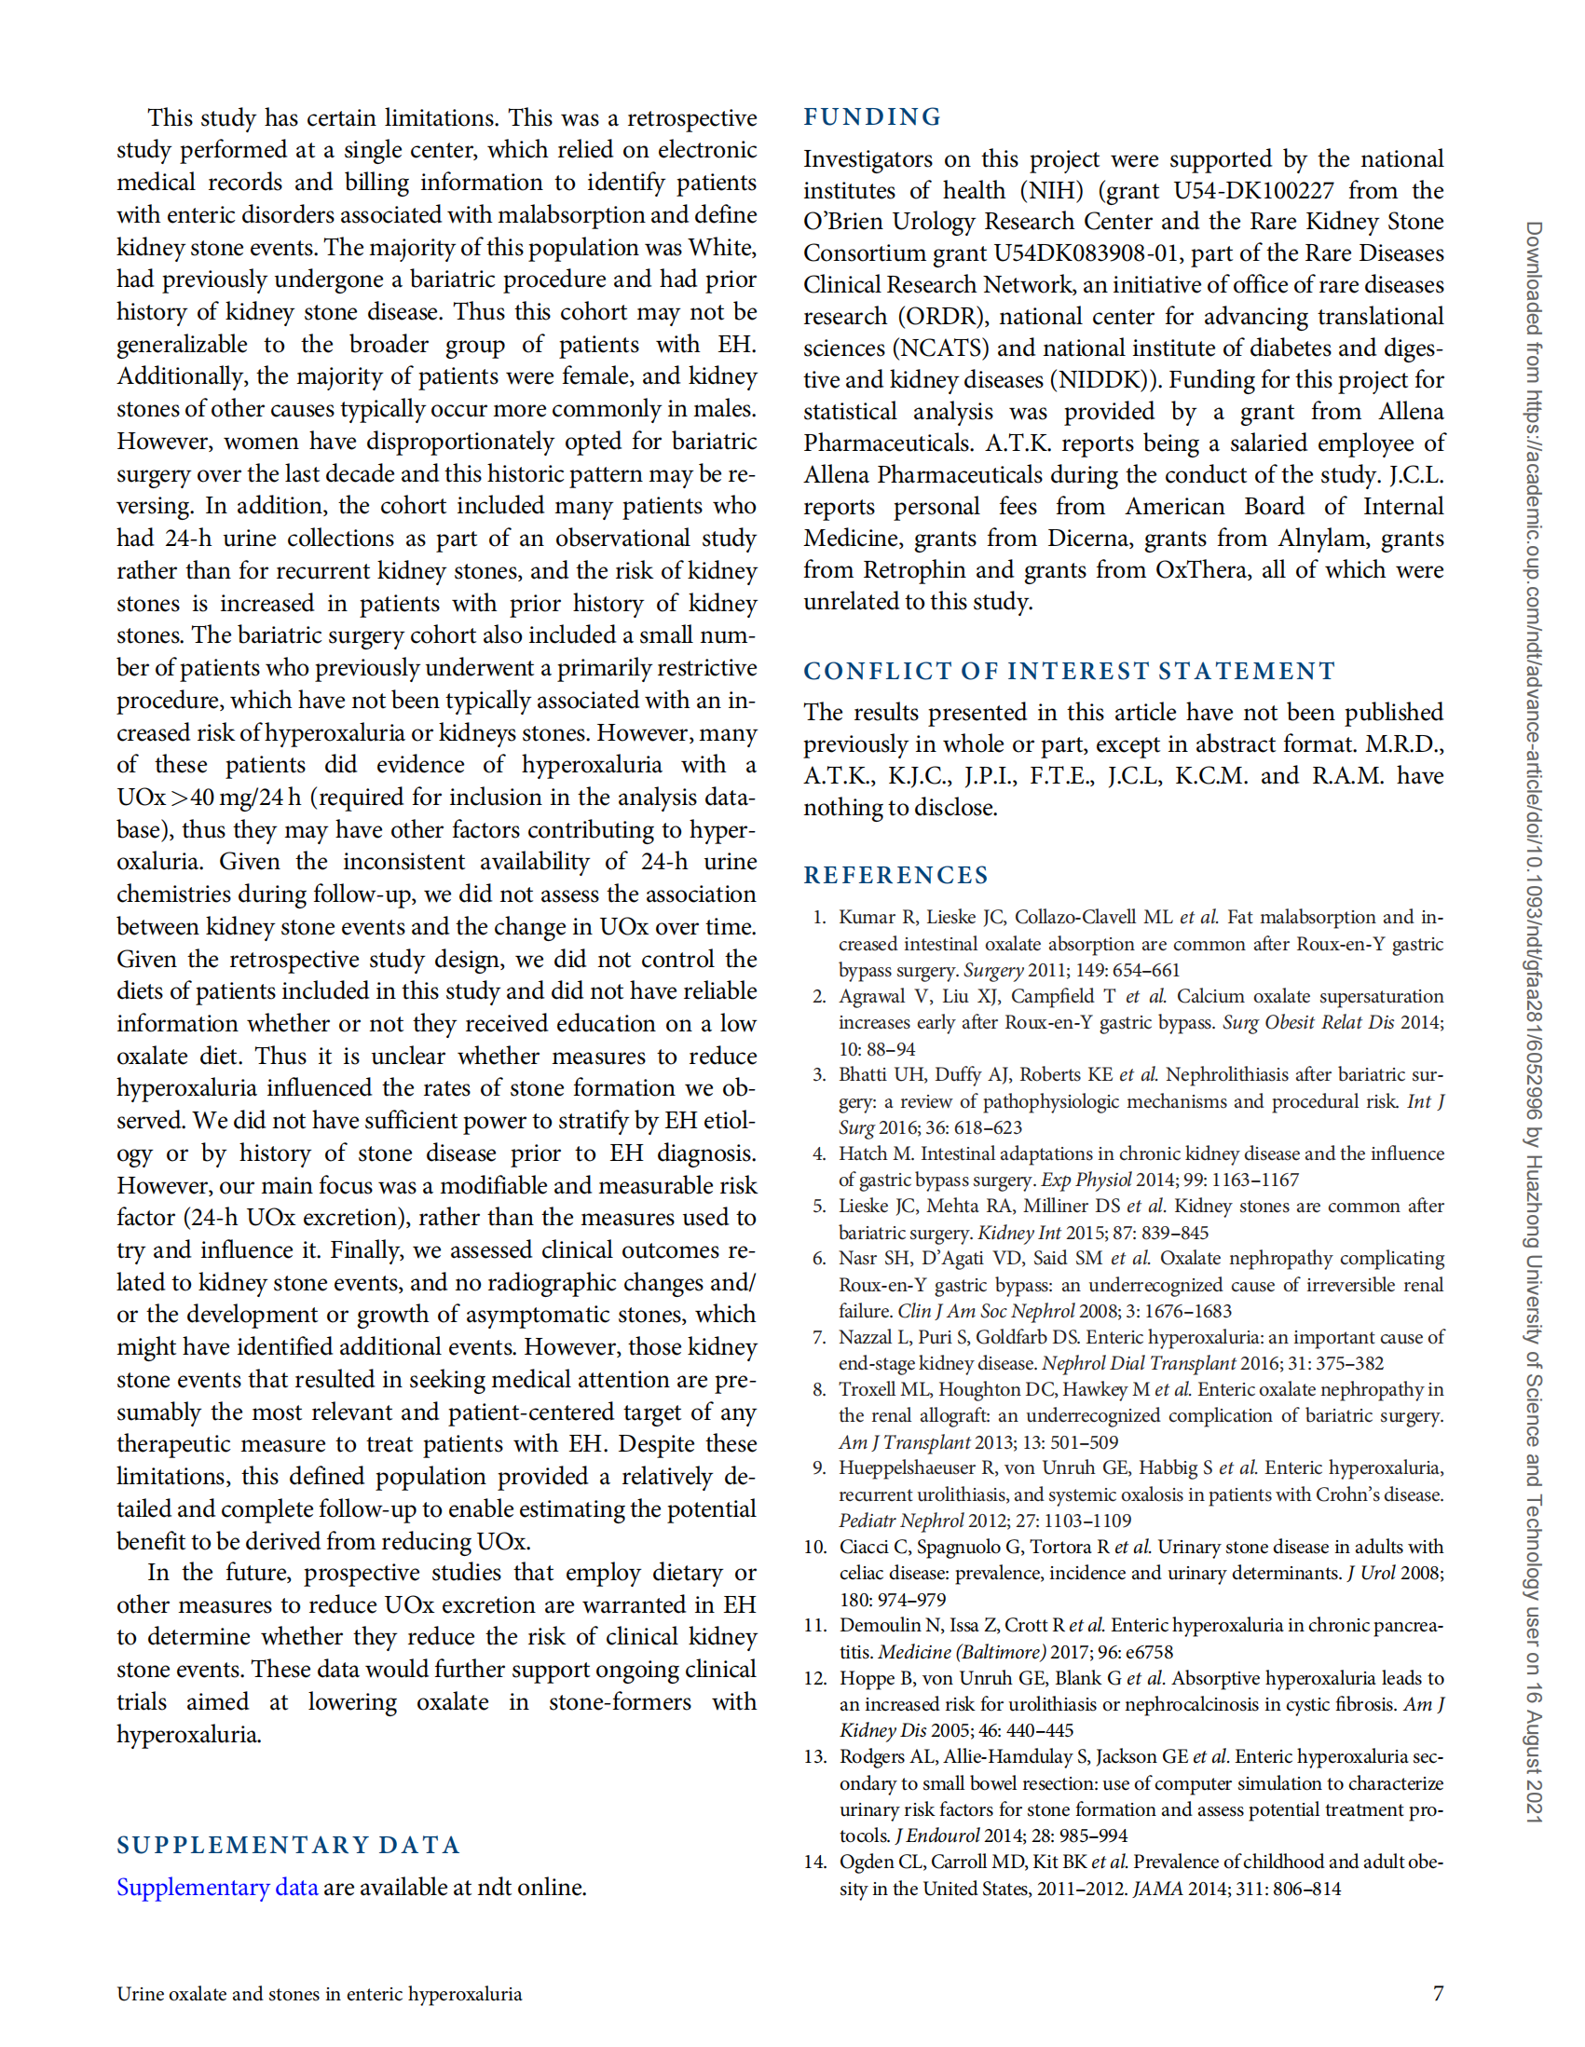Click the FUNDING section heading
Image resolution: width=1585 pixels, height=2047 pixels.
point(871,117)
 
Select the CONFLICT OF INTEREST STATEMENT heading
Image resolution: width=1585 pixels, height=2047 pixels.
point(1069,671)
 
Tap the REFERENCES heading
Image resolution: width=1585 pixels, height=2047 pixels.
point(895,875)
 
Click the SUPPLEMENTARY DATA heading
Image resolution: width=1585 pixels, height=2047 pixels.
point(288,1845)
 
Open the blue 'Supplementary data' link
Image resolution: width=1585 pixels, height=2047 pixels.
point(216,1887)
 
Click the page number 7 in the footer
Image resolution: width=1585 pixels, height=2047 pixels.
point(1438,1994)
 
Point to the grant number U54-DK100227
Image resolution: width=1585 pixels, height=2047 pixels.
point(1253,190)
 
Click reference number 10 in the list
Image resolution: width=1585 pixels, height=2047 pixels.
point(814,1547)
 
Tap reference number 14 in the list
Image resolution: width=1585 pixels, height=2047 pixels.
point(814,1862)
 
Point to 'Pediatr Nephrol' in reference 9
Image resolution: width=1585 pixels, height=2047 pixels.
point(901,1521)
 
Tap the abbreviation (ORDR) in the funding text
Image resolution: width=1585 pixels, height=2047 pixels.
point(945,316)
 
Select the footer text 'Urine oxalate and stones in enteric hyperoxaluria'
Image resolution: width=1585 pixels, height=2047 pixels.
point(319,1994)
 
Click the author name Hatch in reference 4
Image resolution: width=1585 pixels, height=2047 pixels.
point(862,1153)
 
